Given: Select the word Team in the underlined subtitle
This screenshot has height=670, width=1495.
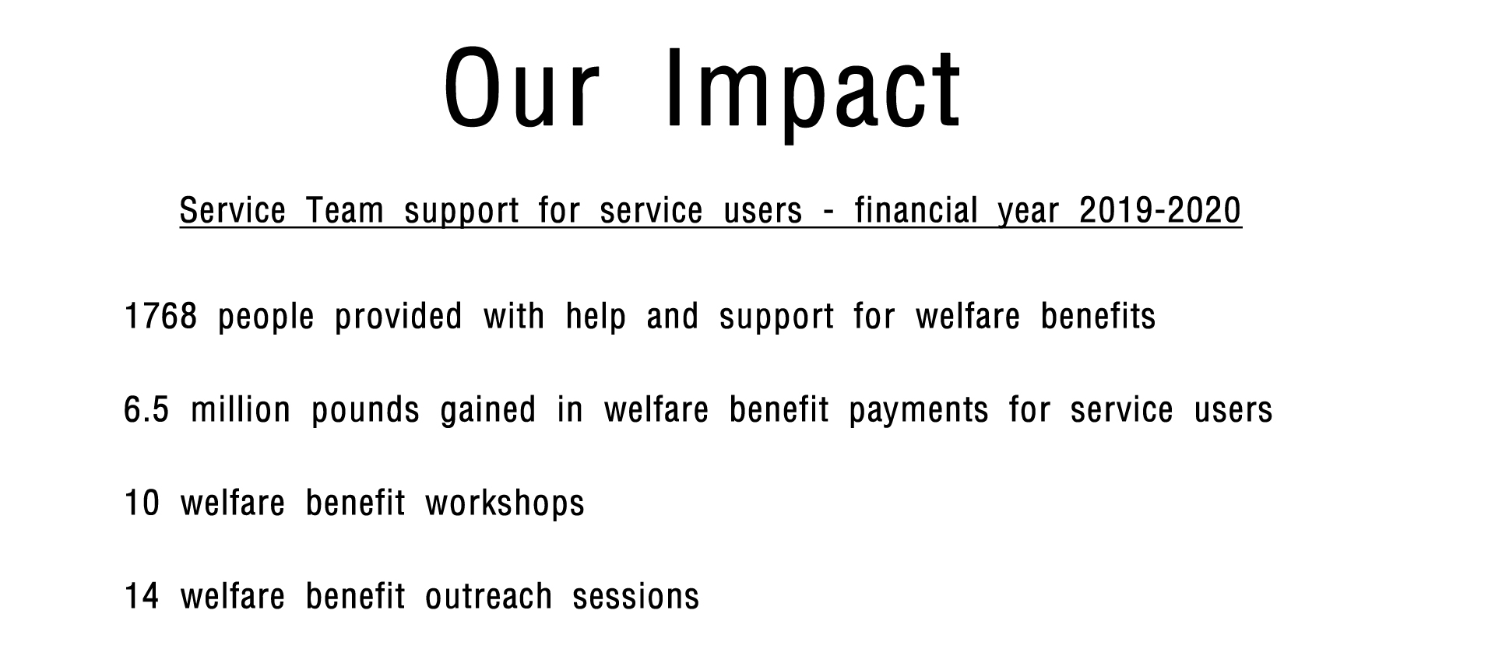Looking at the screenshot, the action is coord(345,210).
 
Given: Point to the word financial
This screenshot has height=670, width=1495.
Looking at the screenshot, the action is coord(916,210).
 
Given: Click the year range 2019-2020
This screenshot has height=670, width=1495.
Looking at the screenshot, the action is coord(1160,210).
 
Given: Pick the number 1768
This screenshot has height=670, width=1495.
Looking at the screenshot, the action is coord(160,316).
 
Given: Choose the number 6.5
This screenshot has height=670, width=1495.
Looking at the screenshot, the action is coord(146,409).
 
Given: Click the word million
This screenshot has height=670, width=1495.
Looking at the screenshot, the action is coord(241,409).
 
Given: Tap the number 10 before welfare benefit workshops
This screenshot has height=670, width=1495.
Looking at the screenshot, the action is coord(142,503).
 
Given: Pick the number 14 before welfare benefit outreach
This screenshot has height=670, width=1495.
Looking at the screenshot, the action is coord(142,596).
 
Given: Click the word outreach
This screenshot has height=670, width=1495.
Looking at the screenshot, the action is coord(489,596).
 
